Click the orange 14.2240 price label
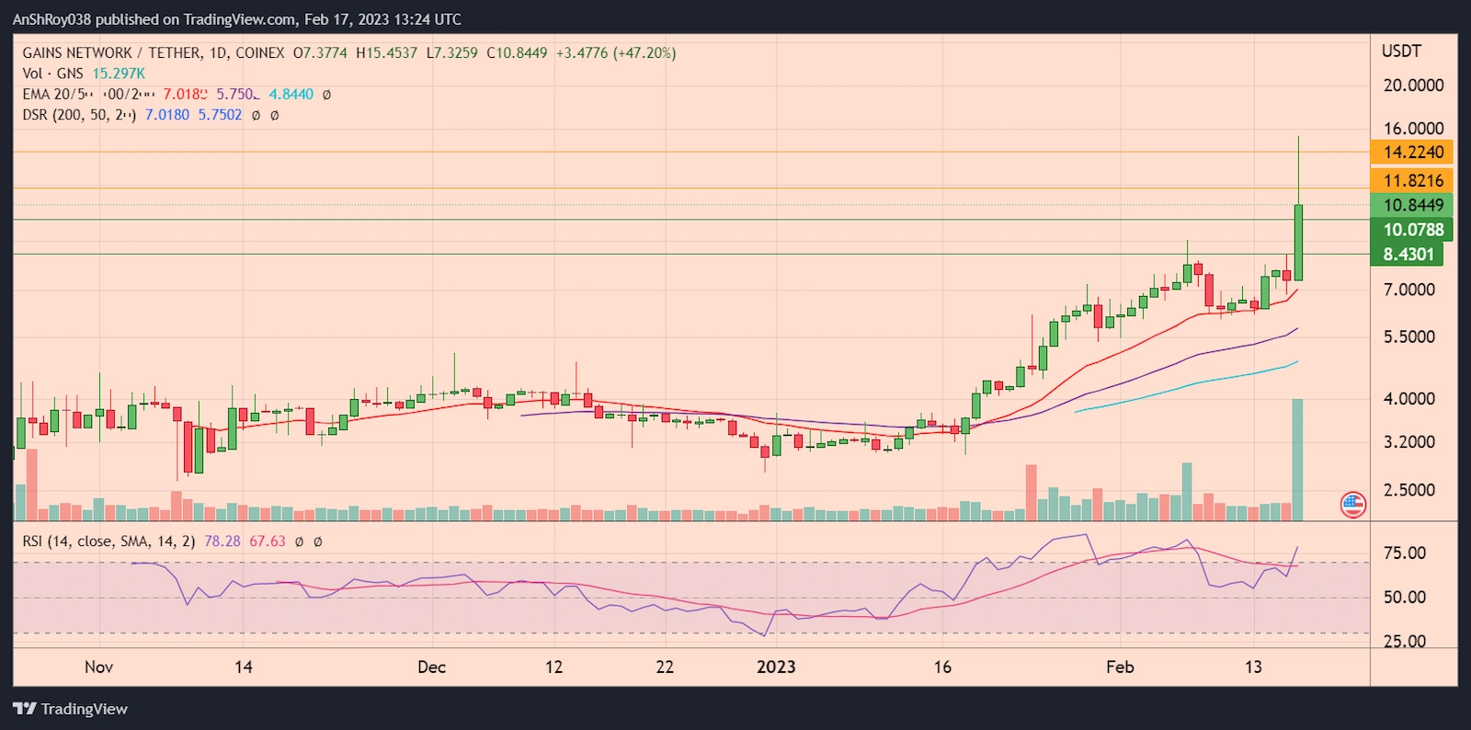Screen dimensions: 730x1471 coord(1412,153)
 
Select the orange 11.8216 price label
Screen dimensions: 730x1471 coord(1412,181)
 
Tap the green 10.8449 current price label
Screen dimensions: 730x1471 coord(1412,205)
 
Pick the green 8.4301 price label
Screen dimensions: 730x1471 coord(1408,255)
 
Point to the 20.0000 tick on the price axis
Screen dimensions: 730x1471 coord(1413,86)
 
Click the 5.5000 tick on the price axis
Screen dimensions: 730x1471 coord(1408,337)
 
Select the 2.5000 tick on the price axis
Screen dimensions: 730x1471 coord(1408,490)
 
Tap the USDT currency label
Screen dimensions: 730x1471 coord(1401,51)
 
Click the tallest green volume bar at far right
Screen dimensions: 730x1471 coord(1297,460)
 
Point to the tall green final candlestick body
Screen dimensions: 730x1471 coord(1298,243)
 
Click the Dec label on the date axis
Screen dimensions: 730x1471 coord(431,667)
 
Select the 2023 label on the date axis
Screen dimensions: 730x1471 coord(776,667)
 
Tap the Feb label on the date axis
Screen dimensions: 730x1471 coord(1120,667)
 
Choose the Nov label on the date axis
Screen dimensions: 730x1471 coord(98,667)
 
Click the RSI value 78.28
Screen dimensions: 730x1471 coord(222,542)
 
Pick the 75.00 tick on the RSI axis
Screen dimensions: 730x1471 coord(1404,553)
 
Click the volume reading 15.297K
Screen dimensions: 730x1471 coord(119,74)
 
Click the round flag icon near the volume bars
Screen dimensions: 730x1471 coord(1352,504)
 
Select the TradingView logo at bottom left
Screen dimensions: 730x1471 coord(70,709)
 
